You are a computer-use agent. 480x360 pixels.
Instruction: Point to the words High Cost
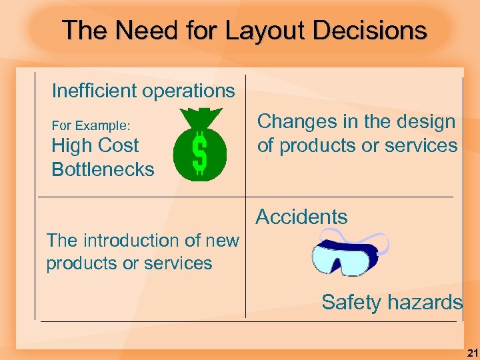pos(95,145)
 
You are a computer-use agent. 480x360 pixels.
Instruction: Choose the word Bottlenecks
pos(103,169)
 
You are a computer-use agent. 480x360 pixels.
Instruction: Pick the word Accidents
pos(301,217)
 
